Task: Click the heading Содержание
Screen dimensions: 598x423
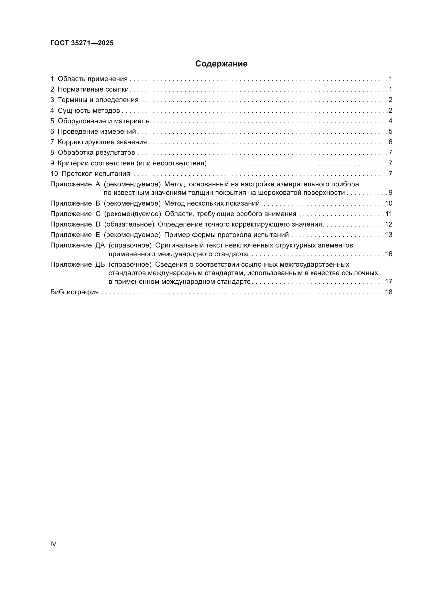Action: pyautogui.click(x=221, y=64)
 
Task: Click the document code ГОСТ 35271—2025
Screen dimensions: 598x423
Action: pyautogui.click(x=82, y=43)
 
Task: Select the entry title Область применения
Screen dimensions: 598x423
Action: pyautogui.click(x=93, y=79)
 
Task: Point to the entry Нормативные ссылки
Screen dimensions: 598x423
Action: pyautogui.click(x=93, y=89)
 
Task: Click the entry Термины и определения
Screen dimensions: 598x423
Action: pyautogui.click(x=98, y=100)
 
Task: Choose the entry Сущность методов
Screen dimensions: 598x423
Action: pyautogui.click(x=88, y=110)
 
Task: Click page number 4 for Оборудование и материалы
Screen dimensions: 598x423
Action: pyautogui.click(x=390, y=121)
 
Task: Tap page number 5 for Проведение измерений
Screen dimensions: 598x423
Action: pyautogui.click(x=390, y=131)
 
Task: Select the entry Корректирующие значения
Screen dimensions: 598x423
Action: pyautogui.click(x=102, y=142)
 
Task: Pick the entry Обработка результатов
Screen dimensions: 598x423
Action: pyautogui.click(x=96, y=153)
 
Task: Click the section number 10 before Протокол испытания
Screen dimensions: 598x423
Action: pyautogui.click(x=54, y=174)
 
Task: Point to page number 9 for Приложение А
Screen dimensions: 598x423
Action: pyautogui.click(x=390, y=193)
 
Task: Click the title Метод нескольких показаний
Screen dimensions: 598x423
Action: pyautogui.click(x=212, y=204)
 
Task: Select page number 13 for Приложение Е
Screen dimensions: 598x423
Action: pyautogui.click(x=389, y=235)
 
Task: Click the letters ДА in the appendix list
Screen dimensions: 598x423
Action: pyautogui.click(x=100, y=245)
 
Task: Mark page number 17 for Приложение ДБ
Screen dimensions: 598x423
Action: pyautogui.click(x=389, y=281)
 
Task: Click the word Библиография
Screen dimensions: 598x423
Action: pyautogui.click(x=74, y=292)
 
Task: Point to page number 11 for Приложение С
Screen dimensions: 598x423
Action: pyautogui.click(x=389, y=214)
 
